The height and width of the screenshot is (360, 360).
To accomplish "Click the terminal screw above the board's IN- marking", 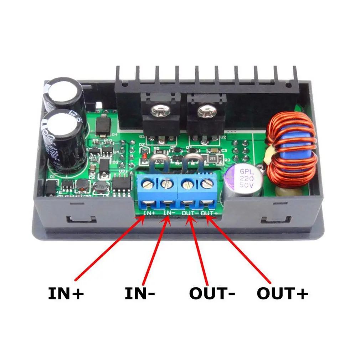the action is pos(166,184).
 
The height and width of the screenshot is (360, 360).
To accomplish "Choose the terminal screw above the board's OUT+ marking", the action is pos(206,184).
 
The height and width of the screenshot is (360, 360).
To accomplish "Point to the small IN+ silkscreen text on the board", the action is pos(149,213).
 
